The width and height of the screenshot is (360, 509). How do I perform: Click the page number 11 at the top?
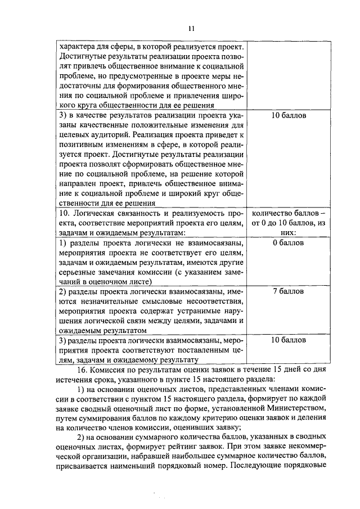(191, 28)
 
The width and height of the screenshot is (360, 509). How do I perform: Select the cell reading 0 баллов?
(287, 243)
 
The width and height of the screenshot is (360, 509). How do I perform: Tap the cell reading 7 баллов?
(287, 291)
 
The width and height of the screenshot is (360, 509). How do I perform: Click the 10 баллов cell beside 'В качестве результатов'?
(287, 115)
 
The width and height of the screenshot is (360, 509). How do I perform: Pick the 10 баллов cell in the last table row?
(287, 340)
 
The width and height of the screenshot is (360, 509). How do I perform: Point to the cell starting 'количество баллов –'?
(287, 214)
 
